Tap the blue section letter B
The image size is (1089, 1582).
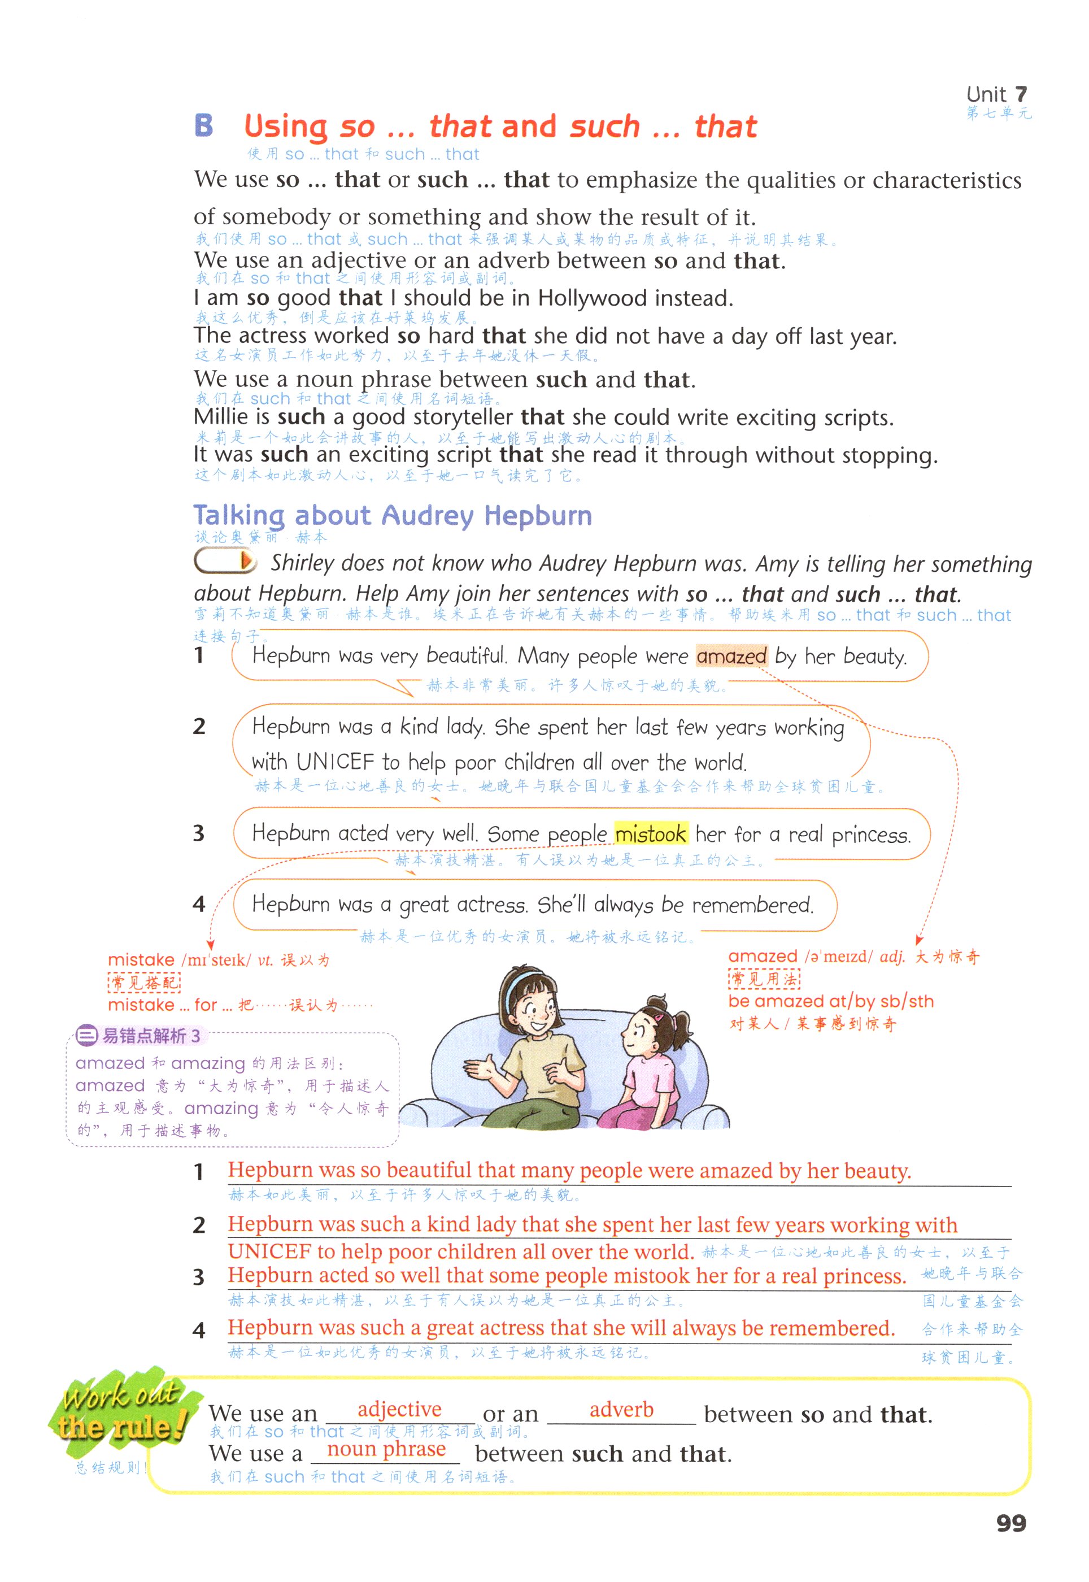203,125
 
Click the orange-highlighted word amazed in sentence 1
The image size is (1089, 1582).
731,656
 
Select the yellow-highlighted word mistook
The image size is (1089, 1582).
650,834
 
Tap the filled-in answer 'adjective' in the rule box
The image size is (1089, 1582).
399,1409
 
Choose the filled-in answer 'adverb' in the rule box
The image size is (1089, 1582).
621,1409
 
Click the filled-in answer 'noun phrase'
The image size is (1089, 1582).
386,1449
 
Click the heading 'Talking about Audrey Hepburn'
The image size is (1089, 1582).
393,515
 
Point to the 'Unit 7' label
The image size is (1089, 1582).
996,94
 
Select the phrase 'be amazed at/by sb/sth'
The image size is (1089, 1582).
830,1001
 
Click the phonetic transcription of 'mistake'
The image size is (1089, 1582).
216,960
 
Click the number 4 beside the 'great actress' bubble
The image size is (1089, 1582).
199,905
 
